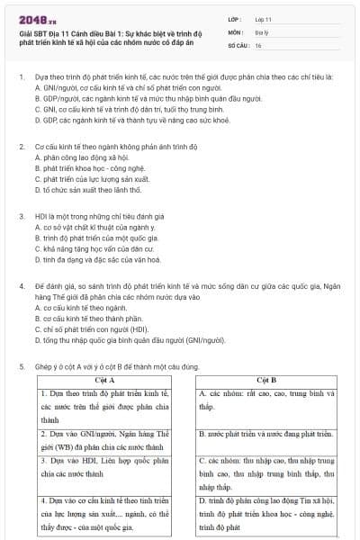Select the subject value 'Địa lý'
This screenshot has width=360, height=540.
[262, 31]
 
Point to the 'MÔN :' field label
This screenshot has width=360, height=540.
[236, 31]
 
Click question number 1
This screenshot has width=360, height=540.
[22, 77]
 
